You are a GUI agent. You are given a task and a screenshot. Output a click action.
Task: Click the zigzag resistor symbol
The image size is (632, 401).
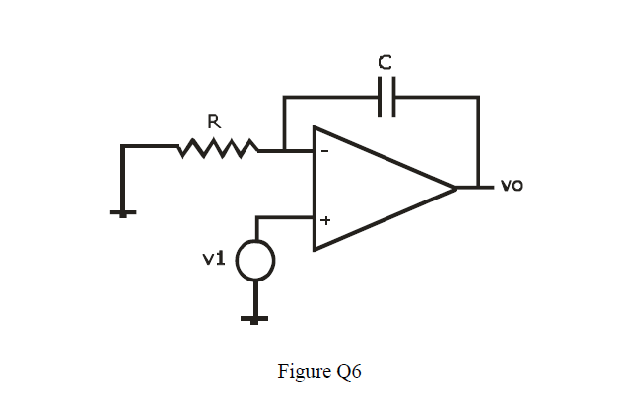(219, 149)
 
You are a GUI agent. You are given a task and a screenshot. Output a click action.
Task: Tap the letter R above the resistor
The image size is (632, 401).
(213, 121)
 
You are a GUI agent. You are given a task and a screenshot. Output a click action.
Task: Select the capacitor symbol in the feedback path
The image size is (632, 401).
(386, 97)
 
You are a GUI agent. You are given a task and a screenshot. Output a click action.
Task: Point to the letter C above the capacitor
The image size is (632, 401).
(386, 62)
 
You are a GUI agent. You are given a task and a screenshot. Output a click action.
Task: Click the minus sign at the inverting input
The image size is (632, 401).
(323, 151)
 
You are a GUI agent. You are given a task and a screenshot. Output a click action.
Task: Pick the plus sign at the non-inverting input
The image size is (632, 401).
(323, 220)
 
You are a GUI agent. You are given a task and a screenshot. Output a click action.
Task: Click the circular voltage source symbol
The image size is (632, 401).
(255, 261)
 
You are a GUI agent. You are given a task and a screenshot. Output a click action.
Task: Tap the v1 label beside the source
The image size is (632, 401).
(213, 259)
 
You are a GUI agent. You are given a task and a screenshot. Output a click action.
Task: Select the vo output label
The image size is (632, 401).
(511, 185)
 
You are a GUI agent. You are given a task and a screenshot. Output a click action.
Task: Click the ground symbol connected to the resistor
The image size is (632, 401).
(123, 211)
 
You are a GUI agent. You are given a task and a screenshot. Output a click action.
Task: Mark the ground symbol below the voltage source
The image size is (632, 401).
(255, 318)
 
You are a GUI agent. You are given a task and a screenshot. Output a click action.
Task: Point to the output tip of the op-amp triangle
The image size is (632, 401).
(456, 187)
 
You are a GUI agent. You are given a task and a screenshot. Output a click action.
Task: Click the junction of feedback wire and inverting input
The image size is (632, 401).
(284, 150)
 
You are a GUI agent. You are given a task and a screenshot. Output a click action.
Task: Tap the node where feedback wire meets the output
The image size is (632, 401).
(478, 187)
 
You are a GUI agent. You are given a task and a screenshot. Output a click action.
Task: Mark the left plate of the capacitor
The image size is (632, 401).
(381, 97)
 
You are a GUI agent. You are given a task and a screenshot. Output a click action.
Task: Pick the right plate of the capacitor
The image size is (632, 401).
(392, 97)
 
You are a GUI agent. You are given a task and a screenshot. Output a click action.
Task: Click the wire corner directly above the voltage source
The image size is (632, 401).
(256, 218)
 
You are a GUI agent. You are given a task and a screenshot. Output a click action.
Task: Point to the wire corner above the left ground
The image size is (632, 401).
(123, 147)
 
